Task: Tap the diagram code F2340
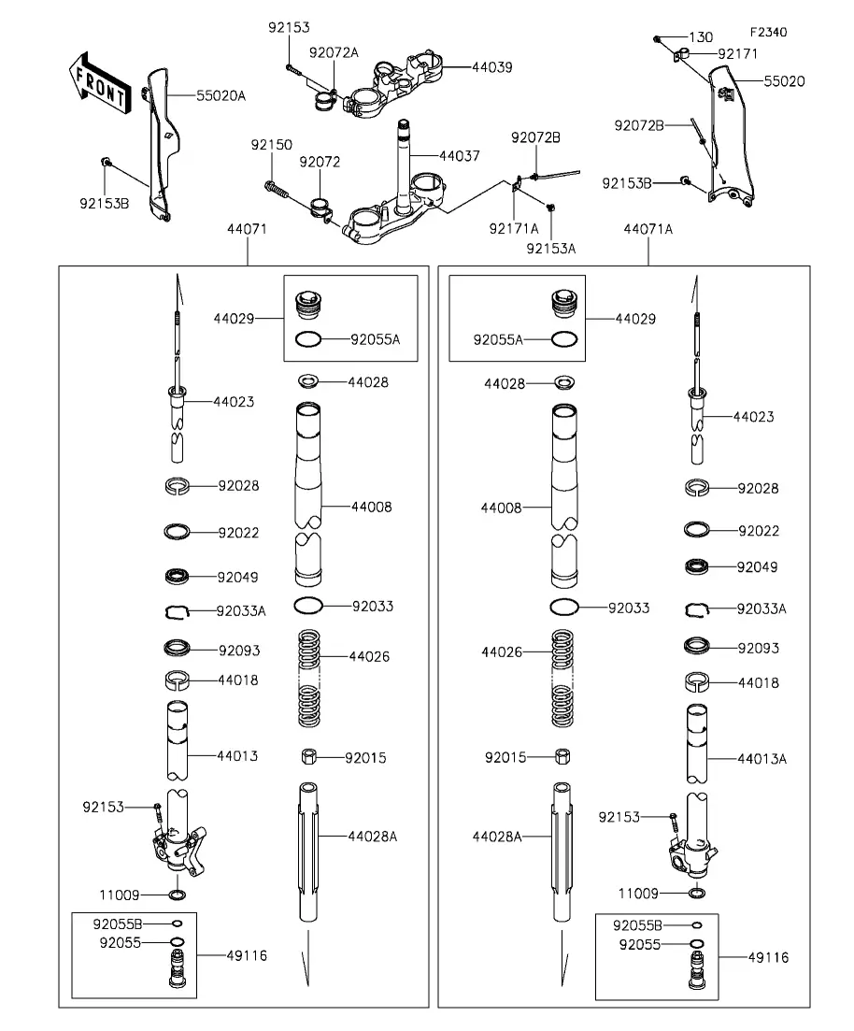[x=767, y=33]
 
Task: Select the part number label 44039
[x=491, y=67]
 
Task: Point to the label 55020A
[x=221, y=95]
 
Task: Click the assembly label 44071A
[x=648, y=228]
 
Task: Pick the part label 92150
[x=271, y=145]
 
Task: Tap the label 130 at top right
[x=701, y=37]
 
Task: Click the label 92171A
[x=514, y=227]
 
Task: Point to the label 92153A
[x=550, y=248]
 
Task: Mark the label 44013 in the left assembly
[x=237, y=755]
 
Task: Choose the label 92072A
[x=334, y=52]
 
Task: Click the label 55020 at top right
[x=784, y=81]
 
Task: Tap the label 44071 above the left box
[x=248, y=228]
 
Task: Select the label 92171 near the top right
[x=738, y=54]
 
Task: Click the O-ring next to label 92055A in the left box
[x=308, y=339]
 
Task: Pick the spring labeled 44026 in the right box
[x=562, y=679]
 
